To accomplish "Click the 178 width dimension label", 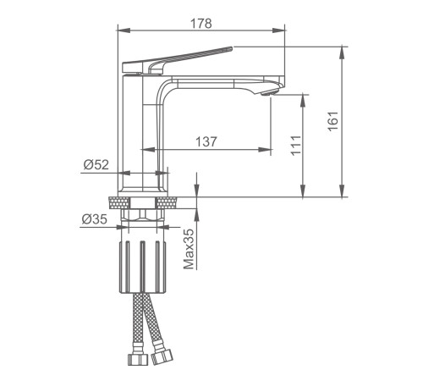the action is [x=201, y=24].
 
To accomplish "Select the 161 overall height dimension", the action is [x=333, y=121].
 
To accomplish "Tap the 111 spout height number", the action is [x=296, y=146].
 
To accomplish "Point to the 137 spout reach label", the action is [x=206, y=141].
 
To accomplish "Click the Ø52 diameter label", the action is [x=96, y=164].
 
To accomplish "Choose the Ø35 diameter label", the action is [x=95, y=218].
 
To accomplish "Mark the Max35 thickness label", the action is [x=189, y=249].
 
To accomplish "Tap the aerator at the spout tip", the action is [x=270, y=92].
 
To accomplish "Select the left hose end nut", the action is [x=138, y=359].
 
